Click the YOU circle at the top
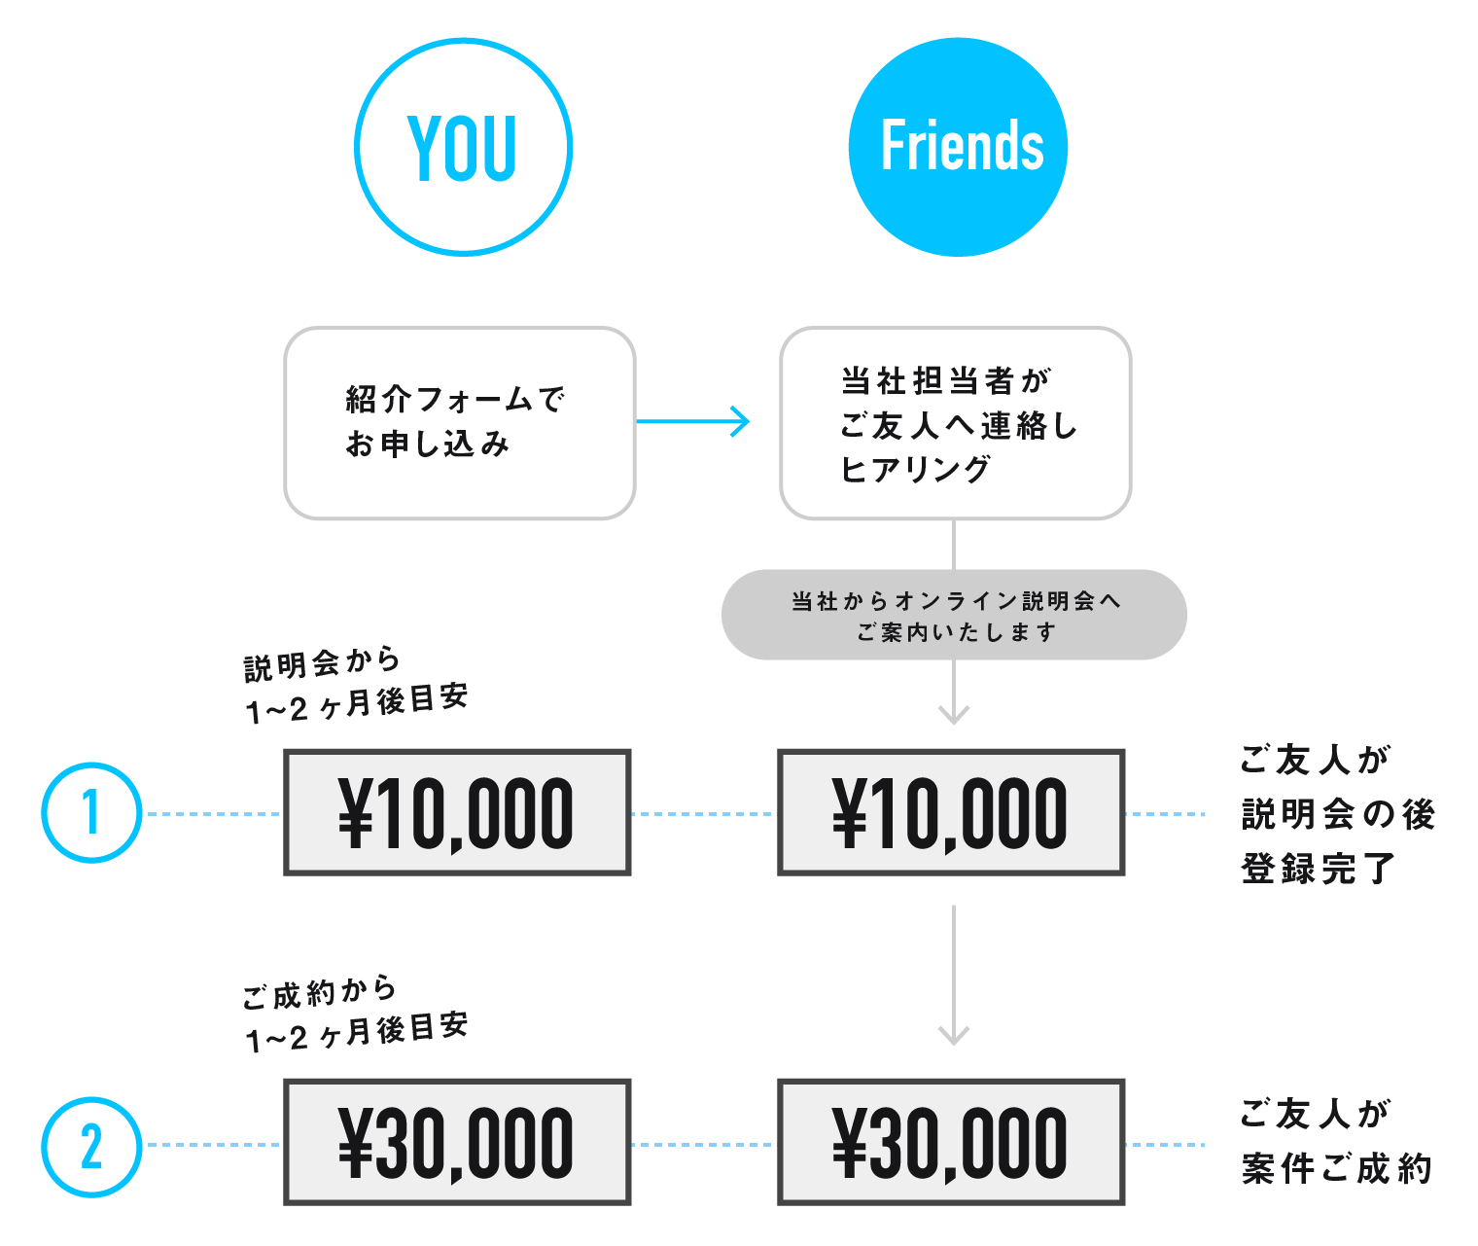point(463,147)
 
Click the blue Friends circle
point(958,147)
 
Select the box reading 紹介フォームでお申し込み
point(460,423)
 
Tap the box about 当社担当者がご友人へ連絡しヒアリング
point(955,423)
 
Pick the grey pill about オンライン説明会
point(954,615)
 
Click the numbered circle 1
point(91,812)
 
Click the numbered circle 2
point(91,1146)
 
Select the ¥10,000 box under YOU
point(457,812)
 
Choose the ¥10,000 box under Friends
point(951,812)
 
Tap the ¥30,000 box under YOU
point(457,1142)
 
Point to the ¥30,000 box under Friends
point(951,1142)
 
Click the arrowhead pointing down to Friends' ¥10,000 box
point(954,715)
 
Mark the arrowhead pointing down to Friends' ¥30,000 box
point(954,1034)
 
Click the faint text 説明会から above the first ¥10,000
point(322,663)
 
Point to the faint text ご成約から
point(320,993)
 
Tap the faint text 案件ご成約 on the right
point(1336,1168)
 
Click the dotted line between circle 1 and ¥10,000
point(213,813)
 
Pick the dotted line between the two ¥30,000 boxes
point(704,1144)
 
